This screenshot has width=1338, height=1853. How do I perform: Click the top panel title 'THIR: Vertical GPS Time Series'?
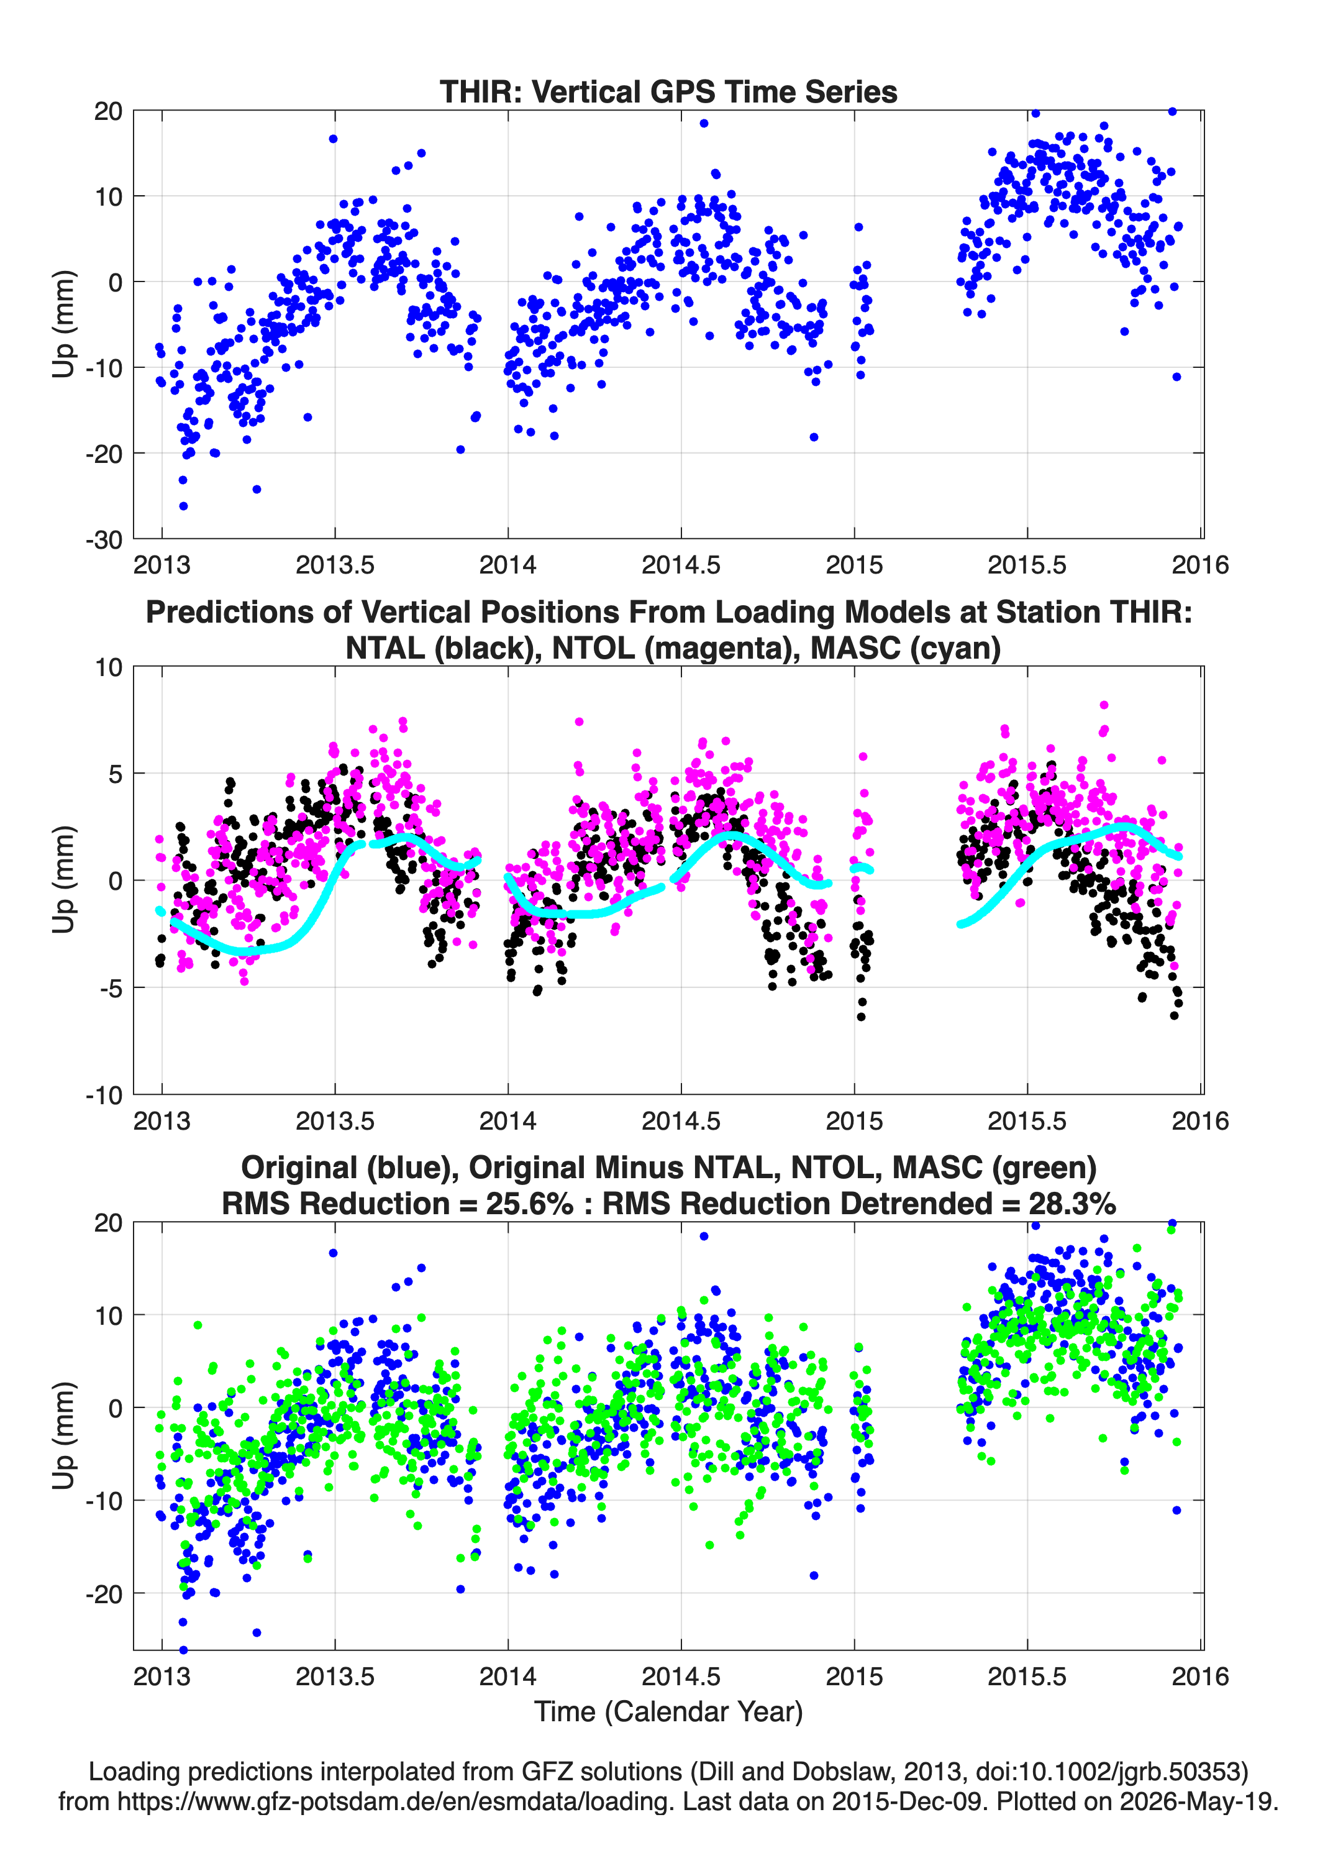pos(668,91)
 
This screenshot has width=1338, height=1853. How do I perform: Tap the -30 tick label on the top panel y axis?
pos(104,540)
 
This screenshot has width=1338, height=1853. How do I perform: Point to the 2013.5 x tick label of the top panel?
pos(335,565)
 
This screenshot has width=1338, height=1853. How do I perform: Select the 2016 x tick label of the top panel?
pos(1200,565)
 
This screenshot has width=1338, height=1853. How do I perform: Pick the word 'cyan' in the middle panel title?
pos(947,648)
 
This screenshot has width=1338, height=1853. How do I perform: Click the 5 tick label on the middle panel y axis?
pos(115,774)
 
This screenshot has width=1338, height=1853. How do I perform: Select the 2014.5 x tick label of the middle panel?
pos(681,1121)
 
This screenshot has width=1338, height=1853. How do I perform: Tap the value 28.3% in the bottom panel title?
pos(1072,1204)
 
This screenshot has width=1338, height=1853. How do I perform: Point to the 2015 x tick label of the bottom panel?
pos(855,1677)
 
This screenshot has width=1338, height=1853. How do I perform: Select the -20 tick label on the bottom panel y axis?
pos(104,1594)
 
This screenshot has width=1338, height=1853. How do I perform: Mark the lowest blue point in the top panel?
pos(184,506)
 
